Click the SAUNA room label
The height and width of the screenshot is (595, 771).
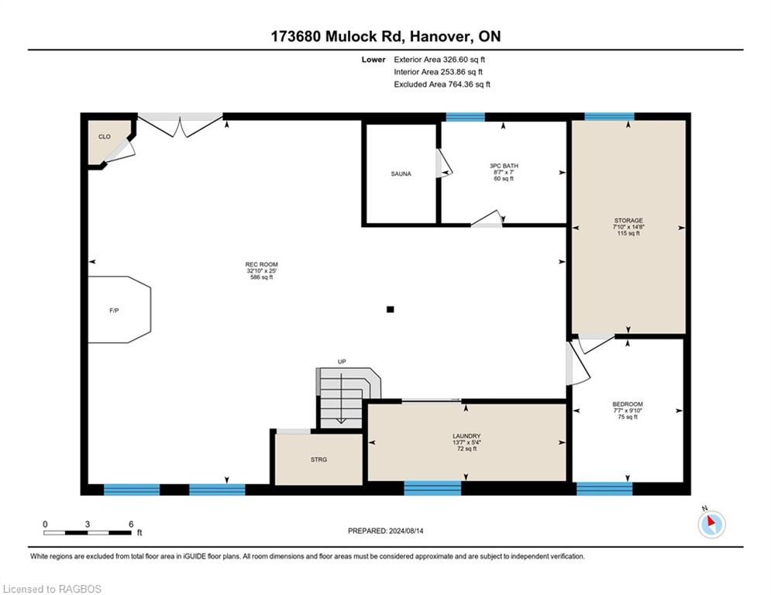[x=401, y=174]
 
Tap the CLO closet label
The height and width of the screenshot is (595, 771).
[x=105, y=136]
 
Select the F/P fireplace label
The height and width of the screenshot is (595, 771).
[x=114, y=311]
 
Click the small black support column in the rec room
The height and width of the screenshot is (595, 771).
[x=391, y=309]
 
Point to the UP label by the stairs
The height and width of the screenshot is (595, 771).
[x=342, y=362]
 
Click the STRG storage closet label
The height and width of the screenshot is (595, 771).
[x=318, y=459]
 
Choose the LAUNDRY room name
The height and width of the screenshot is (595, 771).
[x=466, y=436]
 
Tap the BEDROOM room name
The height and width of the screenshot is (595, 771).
[x=628, y=404]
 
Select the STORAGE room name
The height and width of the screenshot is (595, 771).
[x=628, y=220]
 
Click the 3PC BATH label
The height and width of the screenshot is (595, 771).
[x=504, y=166]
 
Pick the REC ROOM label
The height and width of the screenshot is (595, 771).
[x=262, y=264]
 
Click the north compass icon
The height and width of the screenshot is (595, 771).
[x=711, y=523]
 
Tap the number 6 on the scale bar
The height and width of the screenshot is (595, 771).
[x=131, y=524]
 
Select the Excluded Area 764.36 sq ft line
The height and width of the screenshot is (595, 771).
[x=442, y=84]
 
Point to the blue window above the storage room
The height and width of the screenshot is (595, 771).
[x=609, y=116]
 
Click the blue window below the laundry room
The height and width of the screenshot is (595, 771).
[x=432, y=488]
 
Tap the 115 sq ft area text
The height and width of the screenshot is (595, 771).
[x=628, y=233]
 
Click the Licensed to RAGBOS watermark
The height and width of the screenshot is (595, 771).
[x=52, y=589]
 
